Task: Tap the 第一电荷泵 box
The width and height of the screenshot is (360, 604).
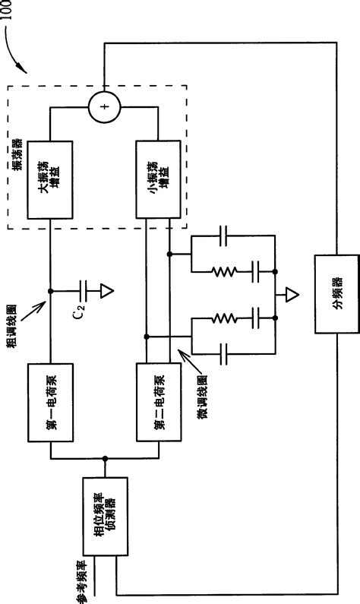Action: point(51,403)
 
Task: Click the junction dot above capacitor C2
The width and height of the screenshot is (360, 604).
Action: point(51,289)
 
